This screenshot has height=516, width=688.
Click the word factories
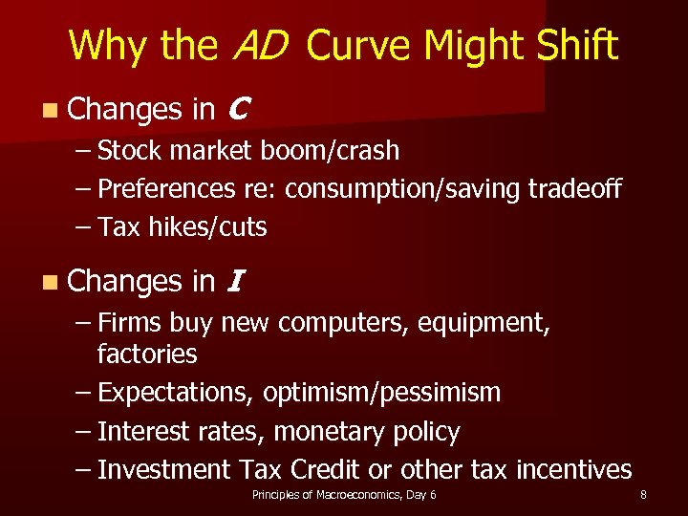tap(146, 355)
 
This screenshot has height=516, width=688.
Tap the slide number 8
tap(643, 495)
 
